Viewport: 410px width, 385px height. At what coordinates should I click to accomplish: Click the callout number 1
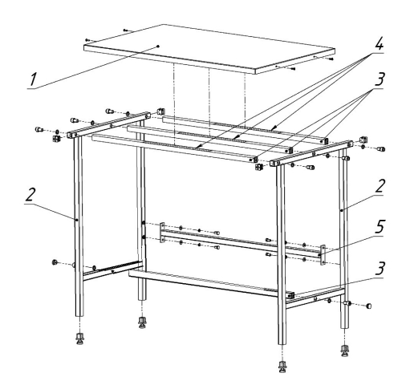33,79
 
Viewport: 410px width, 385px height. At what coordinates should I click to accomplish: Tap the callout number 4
378,44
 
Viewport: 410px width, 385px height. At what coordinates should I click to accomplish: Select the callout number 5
379,226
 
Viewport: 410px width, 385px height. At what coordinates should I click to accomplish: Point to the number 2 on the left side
30,194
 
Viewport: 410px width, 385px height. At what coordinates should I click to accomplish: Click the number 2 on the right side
380,186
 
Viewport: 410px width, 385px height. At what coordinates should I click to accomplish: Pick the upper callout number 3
380,79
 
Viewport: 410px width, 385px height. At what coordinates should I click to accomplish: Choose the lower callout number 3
380,268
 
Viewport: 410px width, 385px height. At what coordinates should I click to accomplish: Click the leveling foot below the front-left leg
79,338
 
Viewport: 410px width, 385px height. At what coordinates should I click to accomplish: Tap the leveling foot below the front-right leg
282,367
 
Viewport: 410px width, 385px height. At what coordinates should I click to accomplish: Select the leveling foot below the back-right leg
345,351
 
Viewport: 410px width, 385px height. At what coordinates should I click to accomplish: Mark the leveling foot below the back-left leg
142,322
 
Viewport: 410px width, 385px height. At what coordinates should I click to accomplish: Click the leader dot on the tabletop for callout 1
158,47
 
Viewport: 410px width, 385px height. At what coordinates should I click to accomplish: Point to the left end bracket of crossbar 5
161,233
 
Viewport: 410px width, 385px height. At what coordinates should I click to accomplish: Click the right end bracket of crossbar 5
323,255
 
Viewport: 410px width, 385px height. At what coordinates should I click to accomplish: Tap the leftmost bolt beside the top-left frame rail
39,130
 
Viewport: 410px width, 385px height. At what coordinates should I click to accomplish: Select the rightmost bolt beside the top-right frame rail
381,149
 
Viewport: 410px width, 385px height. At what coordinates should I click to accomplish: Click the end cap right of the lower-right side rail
368,306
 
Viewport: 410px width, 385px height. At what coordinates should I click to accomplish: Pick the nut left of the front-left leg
55,262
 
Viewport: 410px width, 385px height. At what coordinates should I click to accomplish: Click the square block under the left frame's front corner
56,139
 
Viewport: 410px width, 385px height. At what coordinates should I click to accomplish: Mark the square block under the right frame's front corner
258,167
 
